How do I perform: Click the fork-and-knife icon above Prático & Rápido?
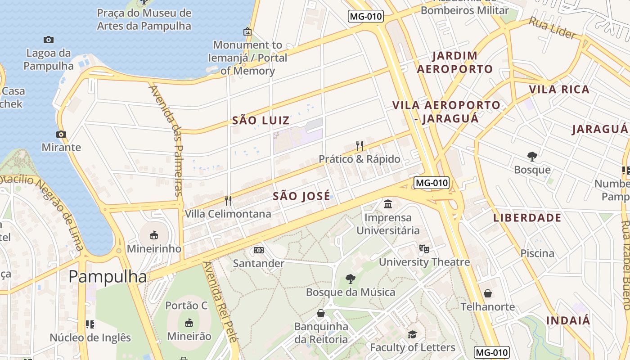point(359,145)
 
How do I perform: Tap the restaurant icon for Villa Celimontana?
point(228,200)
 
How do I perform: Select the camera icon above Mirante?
point(61,134)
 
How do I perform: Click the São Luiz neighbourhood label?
point(261,121)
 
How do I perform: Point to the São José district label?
point(301,196)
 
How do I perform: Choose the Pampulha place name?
point(108,277)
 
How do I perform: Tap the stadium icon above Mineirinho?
point(154,235)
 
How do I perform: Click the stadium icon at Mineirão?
point(189,323)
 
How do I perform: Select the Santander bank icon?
point(258,250)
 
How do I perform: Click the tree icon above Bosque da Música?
point(350,279)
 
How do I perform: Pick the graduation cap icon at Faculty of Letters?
point(412,334)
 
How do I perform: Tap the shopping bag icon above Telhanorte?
point(487,294)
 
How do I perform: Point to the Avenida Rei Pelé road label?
point(220,302)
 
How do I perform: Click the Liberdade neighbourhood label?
point(527,218)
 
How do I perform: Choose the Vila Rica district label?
point(559,90)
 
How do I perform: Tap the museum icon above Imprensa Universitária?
point(388,204)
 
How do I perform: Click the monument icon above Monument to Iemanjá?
point(247,31)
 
